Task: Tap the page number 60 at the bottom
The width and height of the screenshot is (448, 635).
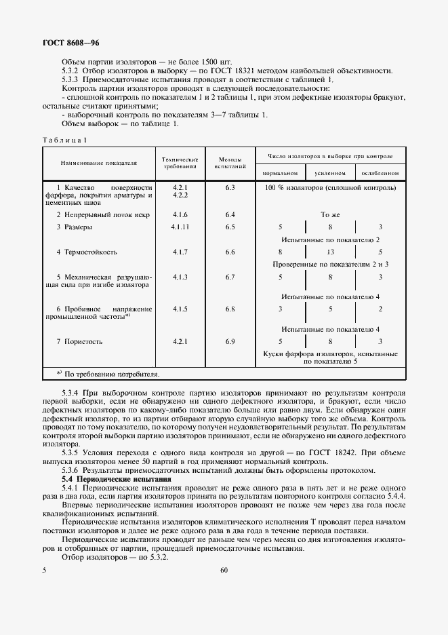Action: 224,570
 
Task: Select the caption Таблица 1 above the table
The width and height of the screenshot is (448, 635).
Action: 64,140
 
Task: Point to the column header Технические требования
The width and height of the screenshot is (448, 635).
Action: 180,162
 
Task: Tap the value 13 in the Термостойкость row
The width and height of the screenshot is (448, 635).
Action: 330,252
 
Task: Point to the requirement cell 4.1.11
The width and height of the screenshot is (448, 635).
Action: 180,227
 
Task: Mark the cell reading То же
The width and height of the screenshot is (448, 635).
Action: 330,214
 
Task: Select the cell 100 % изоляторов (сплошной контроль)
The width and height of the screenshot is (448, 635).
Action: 330,187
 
